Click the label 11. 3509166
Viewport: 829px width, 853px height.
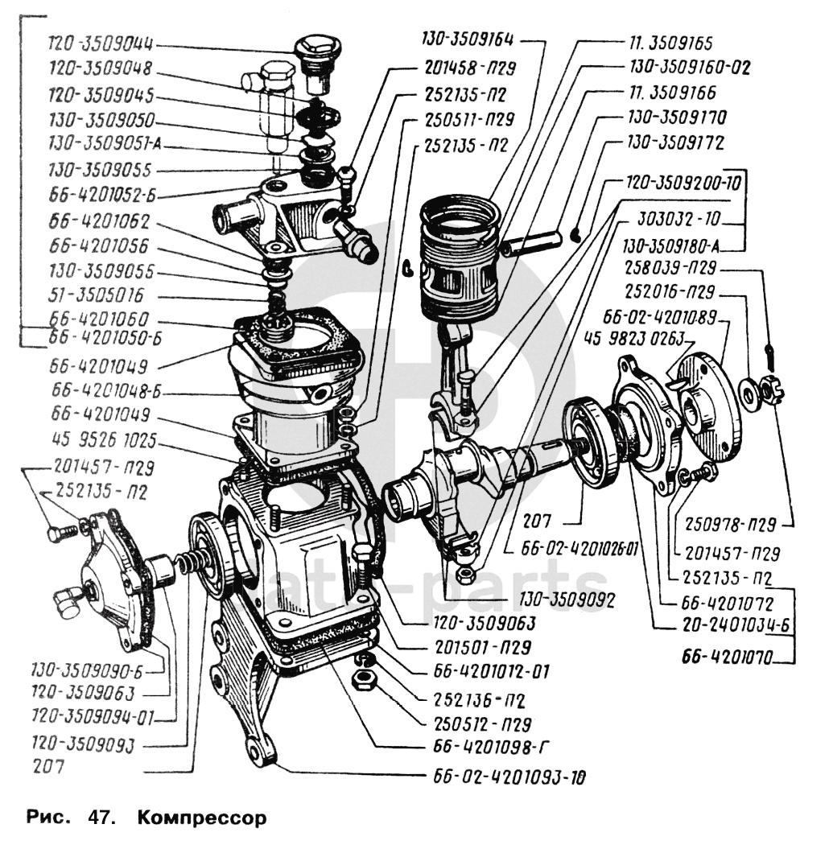click(672, 93)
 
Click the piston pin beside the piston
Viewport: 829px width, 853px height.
click(532, 242)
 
